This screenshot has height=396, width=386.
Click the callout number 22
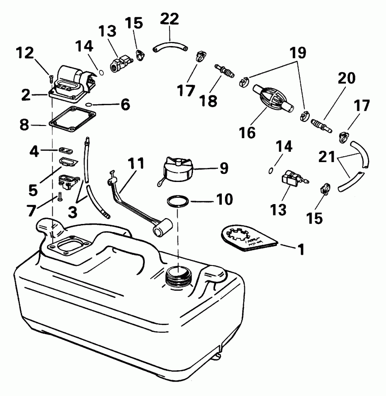click(x=170, y=19)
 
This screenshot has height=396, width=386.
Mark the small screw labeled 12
click(x=51, y=77)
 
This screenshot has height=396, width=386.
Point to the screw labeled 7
click(x=59, y=197)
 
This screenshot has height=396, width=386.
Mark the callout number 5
click(x=32, y=190)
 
